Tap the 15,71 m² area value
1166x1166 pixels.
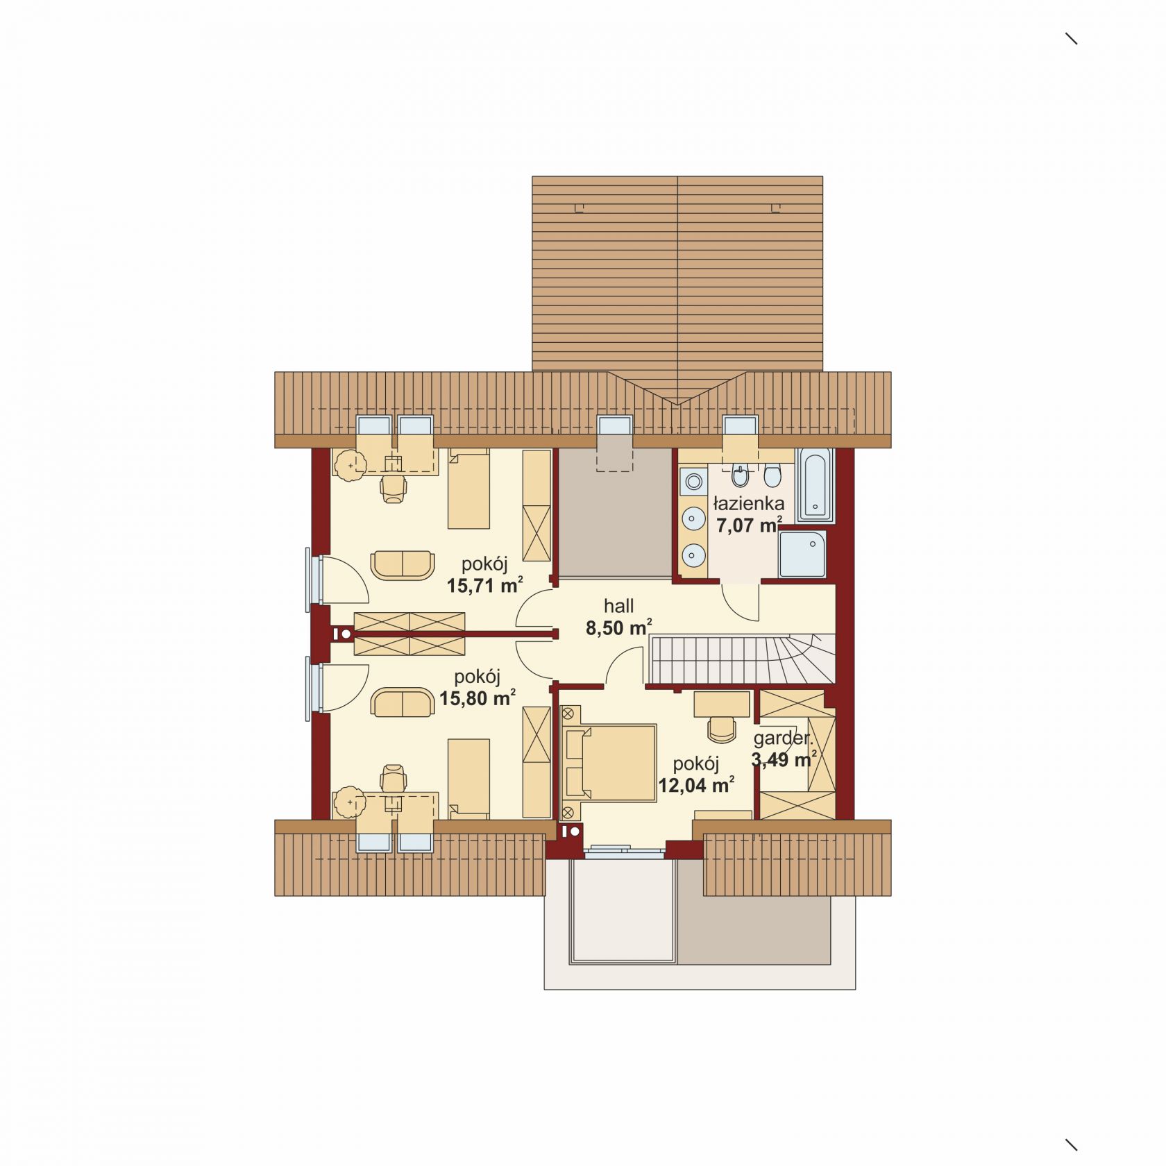[484, 585]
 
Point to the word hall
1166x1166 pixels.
[619, 606]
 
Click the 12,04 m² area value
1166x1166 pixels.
[697, 785]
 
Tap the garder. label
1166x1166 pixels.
[783, 738]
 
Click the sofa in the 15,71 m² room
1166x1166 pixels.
[403, 564]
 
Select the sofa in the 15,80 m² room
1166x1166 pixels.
[403, 703]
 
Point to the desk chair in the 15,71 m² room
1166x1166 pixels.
[394, 487]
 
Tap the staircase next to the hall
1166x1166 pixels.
[743, 659]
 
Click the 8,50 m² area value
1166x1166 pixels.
[618, 628]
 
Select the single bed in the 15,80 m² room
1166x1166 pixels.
[469, 779]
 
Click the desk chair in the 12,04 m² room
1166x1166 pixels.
[722, 729]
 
